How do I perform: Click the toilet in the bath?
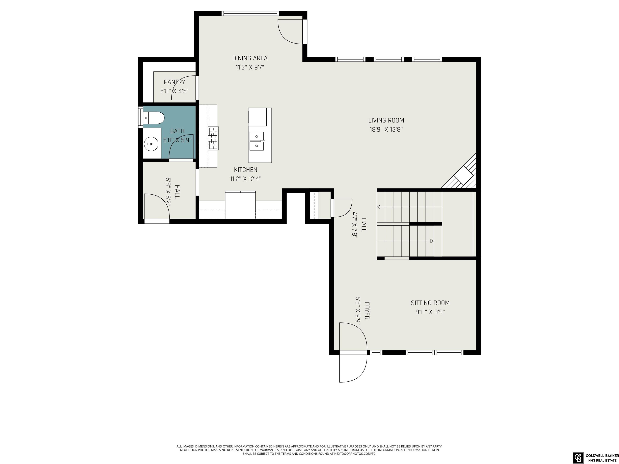(153, 118)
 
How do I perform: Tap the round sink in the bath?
(151, 144)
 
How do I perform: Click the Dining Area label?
(250, 58)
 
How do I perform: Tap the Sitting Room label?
(430, 303)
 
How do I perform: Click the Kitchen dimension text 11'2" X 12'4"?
(246, 179)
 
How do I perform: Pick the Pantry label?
(175, 82)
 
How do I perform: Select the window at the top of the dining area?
(250, 13)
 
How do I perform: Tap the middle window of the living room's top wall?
(389, 59)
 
